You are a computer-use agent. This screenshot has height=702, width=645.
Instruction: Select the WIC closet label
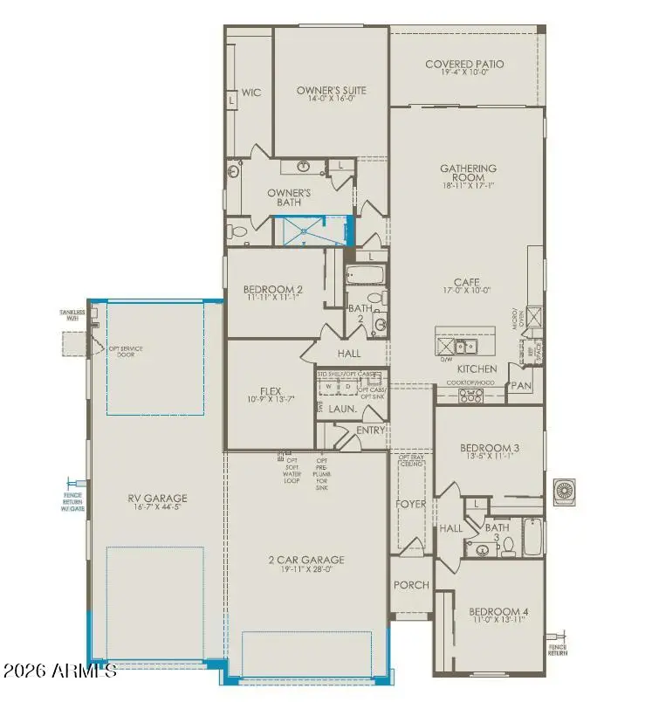(251, 93)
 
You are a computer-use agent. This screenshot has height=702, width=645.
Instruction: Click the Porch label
(411, 585)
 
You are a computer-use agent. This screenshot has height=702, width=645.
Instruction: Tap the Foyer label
(410, 504)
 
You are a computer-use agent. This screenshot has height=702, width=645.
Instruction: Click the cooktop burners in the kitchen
(470, 396)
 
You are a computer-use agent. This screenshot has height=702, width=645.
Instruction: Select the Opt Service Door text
(126, 352)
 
